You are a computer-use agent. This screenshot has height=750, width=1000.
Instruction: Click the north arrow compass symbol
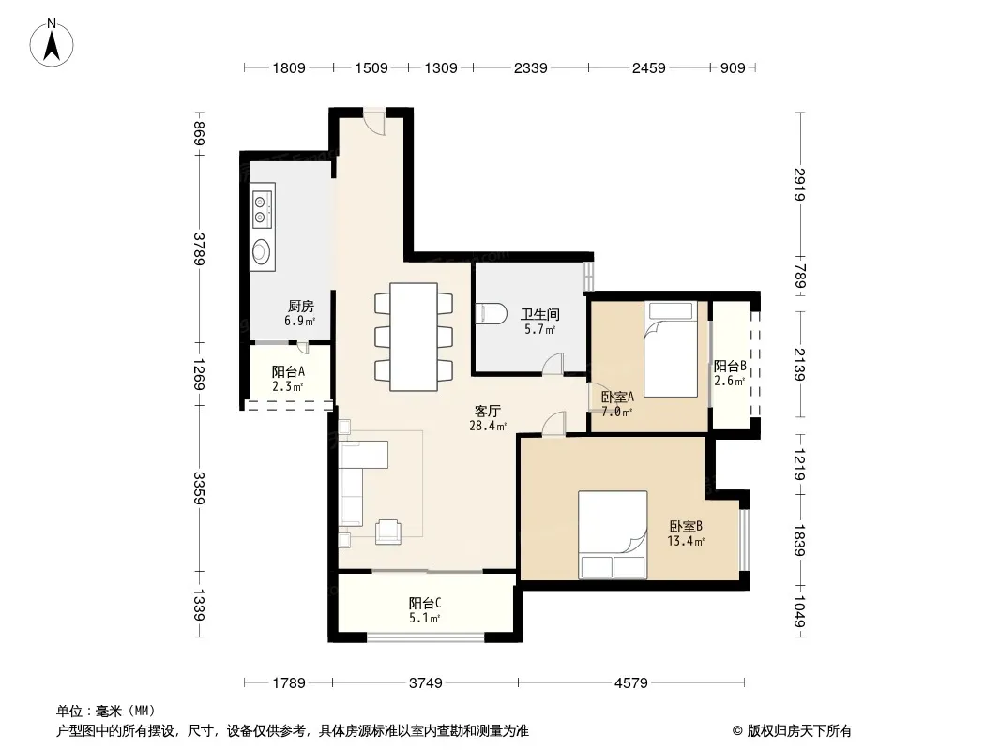point(52,42)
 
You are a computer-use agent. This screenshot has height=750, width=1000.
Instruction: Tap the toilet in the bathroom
point(491,313)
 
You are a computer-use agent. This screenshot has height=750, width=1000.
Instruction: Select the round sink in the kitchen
point(260,251)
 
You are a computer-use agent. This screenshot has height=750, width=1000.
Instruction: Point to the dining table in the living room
point(414,337)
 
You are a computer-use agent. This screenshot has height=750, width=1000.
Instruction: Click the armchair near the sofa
point(387,532)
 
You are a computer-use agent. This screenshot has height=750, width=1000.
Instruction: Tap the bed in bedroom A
point(671,349)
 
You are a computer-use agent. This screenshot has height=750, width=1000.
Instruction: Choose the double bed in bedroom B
point(613,534)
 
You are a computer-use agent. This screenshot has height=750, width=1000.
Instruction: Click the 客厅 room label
point(487,412)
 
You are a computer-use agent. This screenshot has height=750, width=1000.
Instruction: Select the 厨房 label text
point(300,307)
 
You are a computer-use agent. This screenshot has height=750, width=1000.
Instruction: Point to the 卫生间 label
point(539,314)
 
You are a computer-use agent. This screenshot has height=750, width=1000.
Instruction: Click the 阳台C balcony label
point(425,603)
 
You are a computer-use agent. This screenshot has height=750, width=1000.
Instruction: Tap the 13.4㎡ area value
point(686,542)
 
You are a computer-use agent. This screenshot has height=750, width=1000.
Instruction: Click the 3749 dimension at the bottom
point(425,683)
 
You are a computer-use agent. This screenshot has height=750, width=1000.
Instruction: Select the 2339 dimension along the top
point(531,67)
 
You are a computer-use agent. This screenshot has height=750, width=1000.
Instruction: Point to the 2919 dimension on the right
point(800,184)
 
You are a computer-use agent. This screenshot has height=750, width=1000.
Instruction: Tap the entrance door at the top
point(375,121)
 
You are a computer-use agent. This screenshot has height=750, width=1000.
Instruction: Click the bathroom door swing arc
point(553,363)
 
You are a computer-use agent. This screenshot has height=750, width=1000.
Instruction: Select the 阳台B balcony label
point(730,367)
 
